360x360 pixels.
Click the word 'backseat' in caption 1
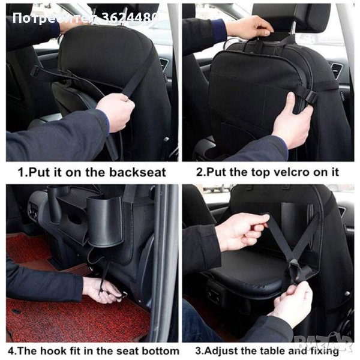(137, 172)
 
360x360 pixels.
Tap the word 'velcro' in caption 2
(280, 172)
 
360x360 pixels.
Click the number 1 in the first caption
(21, 172)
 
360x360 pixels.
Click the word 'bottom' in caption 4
(160, 350)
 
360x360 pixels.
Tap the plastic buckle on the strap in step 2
(310, 97)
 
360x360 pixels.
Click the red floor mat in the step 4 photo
(69, 317)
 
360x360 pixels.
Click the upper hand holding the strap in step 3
(242, 232)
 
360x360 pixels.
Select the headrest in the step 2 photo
(292, 18)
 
